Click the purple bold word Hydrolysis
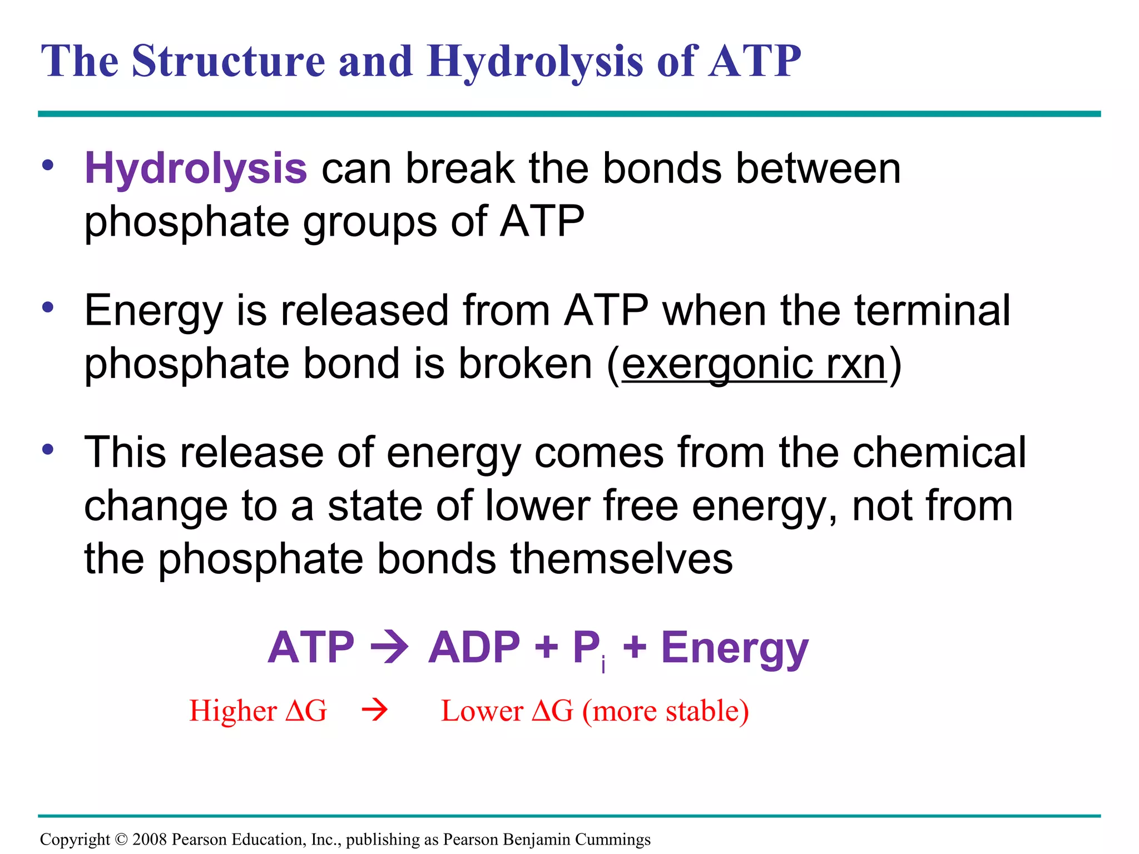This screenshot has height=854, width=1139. [195, 168]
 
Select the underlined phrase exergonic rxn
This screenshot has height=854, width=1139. [754, 364]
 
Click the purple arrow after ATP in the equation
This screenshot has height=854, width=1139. [390, 648]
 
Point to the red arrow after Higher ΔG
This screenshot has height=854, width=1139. [374, 711]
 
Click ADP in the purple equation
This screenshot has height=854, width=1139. [474, 648]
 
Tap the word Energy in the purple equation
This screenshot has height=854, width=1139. [735, 648]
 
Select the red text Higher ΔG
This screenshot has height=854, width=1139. [258, 711]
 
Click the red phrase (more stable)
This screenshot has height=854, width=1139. [666, 711]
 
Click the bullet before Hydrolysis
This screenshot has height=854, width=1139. [48, 165]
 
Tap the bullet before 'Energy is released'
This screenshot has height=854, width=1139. [48, 307]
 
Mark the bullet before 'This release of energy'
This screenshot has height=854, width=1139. [48, 449]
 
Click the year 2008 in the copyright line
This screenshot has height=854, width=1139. [150, 839]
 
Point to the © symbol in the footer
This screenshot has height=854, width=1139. [121, 839]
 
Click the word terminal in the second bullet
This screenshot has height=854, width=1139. [932, 311]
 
